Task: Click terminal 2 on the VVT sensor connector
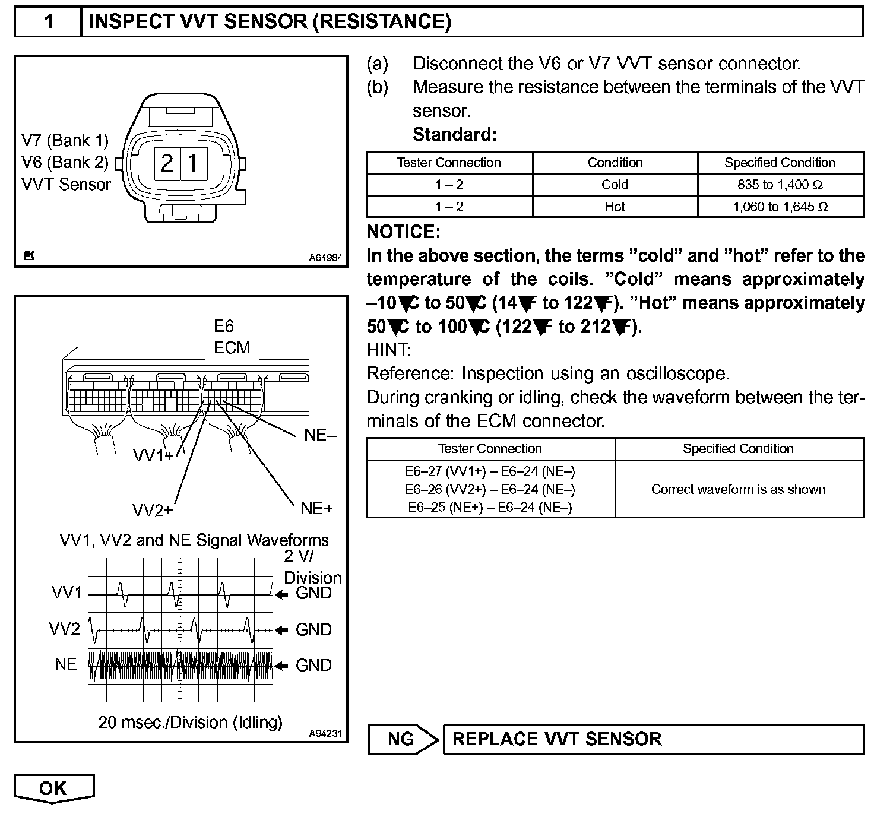click(167, 163)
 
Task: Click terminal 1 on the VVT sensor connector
click(194, 163)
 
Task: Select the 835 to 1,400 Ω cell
click(780, 185)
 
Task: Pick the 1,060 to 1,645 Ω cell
click(780, 207)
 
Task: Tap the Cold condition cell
click(615, 185)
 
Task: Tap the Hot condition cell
click(615, 207)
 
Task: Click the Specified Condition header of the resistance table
click(780, 163)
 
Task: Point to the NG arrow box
click(403, 739)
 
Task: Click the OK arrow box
click(53, 788)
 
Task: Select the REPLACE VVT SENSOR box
click(653, 739)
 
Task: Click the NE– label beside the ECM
click(319, 435)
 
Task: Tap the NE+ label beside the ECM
click(316, 508)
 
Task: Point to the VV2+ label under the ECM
click(153, 511)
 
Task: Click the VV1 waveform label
click(66, 593)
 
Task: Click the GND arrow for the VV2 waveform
click(283, 630)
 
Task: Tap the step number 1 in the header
click(49, 22)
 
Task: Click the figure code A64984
click(325, 258)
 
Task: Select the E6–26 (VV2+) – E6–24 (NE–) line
click(490, 489)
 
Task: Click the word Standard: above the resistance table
click(454, 135)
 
